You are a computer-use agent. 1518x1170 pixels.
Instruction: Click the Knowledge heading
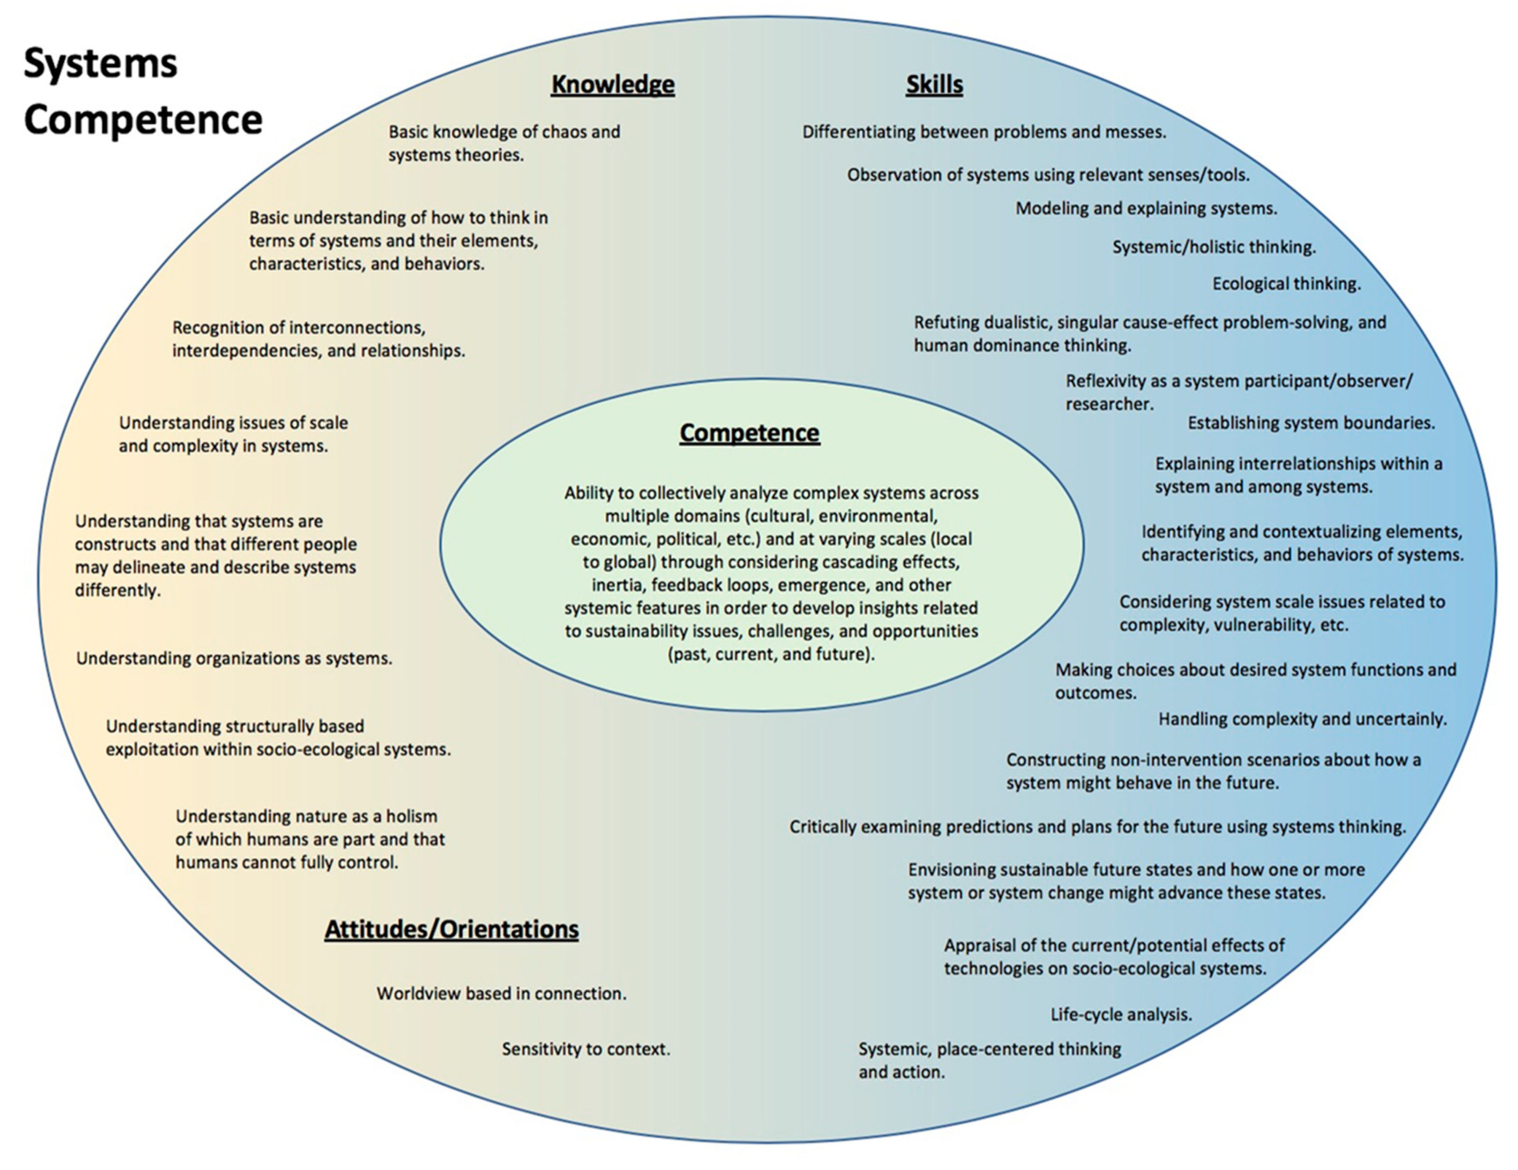[612, 85]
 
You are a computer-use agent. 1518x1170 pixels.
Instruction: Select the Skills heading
[934, 85]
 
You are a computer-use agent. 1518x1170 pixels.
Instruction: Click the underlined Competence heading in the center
[749, 433]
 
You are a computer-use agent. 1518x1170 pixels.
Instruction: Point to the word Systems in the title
[101, 63]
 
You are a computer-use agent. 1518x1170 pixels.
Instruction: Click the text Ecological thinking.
[1287, 284]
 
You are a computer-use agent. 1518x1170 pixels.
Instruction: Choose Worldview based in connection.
[501, 994]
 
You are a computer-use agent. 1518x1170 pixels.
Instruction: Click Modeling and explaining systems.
[1146, 208]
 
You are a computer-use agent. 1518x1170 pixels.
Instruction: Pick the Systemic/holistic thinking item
[1213, 247]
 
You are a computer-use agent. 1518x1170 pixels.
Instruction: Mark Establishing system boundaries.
[1311, 423]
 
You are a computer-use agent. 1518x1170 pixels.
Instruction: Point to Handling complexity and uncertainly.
[1302, 719]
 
